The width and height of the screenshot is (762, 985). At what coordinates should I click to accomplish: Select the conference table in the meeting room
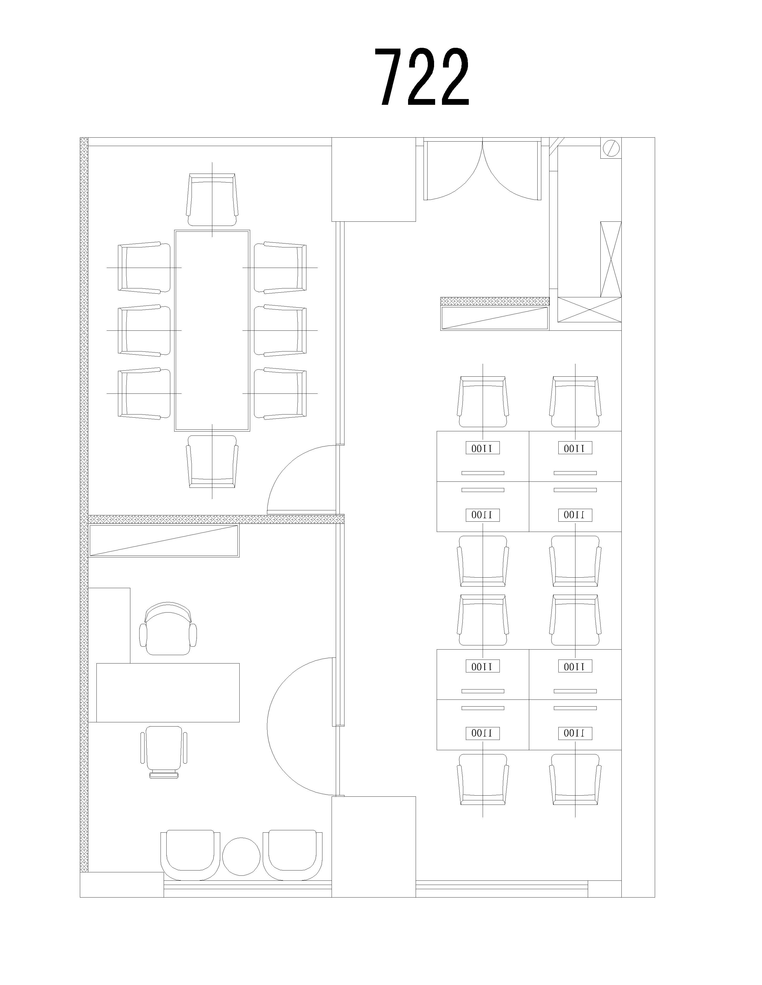pos(212,331)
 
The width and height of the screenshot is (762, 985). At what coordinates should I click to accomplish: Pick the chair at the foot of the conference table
pos(212,462)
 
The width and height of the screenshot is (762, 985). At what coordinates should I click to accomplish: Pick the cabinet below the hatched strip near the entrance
pos(495,318)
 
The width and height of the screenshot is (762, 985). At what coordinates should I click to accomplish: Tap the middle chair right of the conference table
pos(280,331)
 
